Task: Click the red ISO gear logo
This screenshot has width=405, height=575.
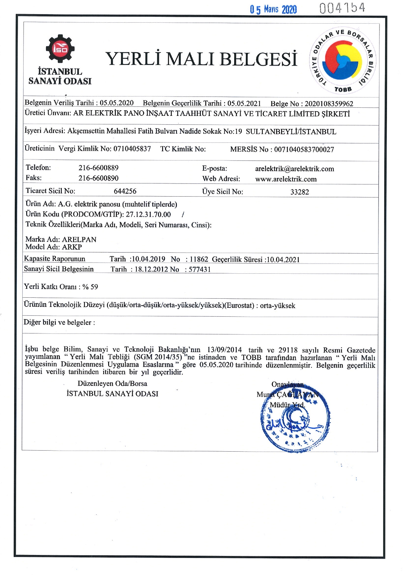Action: click(60, 49)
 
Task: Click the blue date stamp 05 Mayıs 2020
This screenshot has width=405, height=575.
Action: click(273, 9)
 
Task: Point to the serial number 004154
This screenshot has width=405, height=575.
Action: click(342, 8)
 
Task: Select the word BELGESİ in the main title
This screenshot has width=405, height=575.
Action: click(258, 59)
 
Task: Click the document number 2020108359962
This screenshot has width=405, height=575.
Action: click(329, 104)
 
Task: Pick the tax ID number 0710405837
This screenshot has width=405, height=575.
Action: click(132, 149)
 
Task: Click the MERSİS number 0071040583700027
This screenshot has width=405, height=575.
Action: click(304, 150)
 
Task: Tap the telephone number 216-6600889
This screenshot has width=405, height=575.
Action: click(98, 168)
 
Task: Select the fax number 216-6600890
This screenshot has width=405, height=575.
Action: click(98, 178)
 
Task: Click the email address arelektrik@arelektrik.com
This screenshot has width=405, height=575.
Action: click(295, 169)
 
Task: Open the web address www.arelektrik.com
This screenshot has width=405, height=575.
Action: click(286, 179)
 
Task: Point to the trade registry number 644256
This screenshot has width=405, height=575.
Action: click(125, 191)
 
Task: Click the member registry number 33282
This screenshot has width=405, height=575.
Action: click(299, 192)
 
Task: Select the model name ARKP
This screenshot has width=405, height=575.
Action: click(72, 247)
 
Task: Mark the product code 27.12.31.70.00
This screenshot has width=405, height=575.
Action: click(148, 215)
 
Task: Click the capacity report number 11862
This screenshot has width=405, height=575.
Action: click(199, 259)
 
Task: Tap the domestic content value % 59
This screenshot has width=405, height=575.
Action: click(90, 287)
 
